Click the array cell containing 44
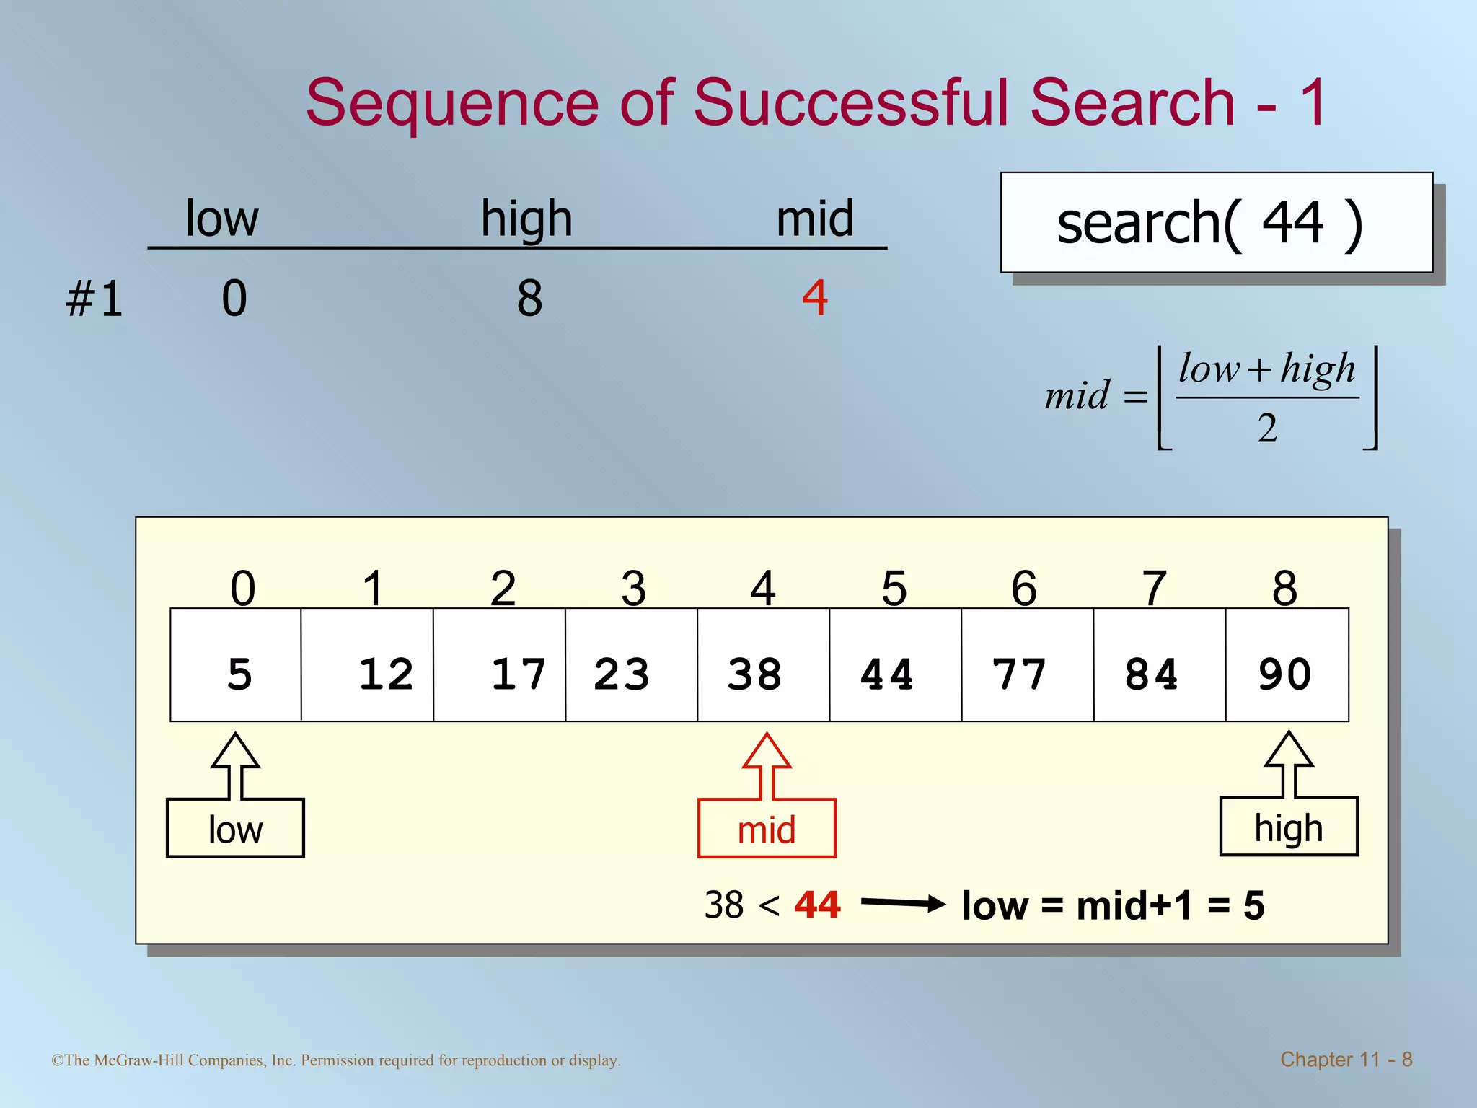895,665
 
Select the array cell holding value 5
236,665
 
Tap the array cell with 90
1287,665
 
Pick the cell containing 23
631,665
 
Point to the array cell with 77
1027,665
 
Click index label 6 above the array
1023,588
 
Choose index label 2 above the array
503,588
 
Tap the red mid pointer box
767,828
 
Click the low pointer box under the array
235,828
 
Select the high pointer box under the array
1288,827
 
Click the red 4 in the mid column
815,297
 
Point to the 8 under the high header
529,298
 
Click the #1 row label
94,299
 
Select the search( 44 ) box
1216,222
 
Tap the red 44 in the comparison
817,905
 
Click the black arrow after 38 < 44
903,903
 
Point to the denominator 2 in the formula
1267,428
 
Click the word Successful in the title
855,102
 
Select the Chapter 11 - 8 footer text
1346,1059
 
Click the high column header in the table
526,218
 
